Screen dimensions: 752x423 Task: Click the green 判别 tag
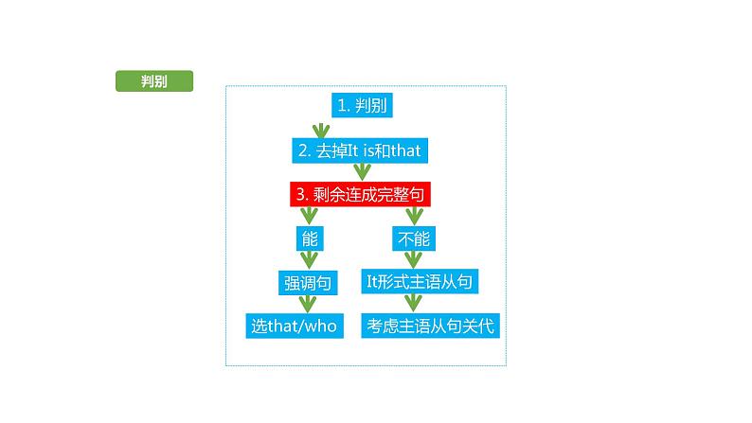coord(153,81)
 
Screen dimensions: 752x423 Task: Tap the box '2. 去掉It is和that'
coord(362,150)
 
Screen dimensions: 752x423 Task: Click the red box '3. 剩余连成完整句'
coord(361,195)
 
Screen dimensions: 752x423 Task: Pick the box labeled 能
coord(309,238)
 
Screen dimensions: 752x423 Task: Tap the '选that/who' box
coord(294,326)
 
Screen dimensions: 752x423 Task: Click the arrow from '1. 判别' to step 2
coord(319,128)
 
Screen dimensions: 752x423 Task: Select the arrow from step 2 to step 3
coord(361,172)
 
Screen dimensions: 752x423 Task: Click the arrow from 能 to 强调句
coord(308,260)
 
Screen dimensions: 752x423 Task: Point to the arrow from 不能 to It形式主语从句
coord(412,259)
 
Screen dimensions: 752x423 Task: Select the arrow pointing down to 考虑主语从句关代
coord(412,304)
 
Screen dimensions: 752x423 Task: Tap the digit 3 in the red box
coord(299,195)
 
